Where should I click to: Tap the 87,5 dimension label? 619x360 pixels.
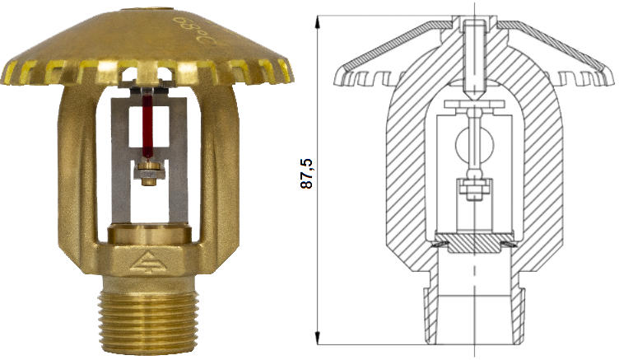pos(307,174)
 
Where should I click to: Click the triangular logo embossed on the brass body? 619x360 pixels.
pos(147,262)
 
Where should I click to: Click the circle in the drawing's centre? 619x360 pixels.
pos(474,146)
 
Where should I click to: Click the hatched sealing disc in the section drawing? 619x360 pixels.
pos(475,244)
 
